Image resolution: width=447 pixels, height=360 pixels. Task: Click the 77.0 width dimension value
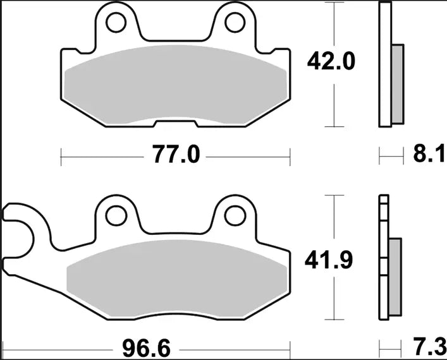(175, 154)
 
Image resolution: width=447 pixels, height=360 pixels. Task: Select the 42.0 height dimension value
(331, 62)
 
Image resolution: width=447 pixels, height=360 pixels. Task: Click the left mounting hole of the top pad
(116, 23)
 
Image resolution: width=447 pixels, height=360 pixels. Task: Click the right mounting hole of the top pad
(234, 23)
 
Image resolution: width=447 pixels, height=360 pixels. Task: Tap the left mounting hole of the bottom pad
(116, 215)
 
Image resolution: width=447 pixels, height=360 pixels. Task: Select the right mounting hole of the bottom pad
(234, 215)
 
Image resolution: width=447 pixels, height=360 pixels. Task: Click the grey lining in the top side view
(397, 84)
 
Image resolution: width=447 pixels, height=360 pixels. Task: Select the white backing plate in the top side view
(385, 63)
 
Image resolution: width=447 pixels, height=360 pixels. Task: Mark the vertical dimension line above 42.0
(331, 25)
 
